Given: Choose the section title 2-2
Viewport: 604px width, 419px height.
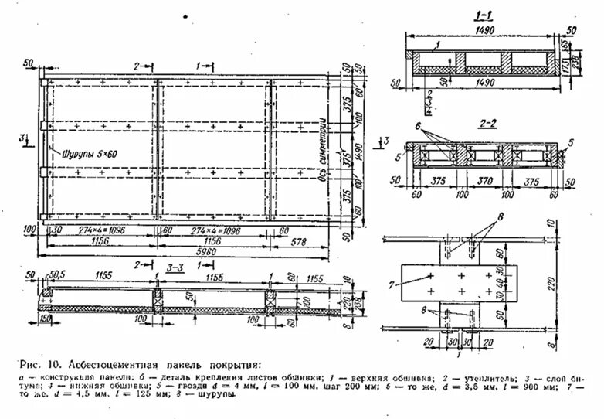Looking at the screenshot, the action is [x=485, y=123].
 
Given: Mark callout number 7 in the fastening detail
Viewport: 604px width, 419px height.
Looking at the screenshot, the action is [x=392, y=286].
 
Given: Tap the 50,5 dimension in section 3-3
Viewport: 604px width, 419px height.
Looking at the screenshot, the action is [x=55, y=275].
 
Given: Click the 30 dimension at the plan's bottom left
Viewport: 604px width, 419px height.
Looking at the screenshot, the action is [x=56, y=230].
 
